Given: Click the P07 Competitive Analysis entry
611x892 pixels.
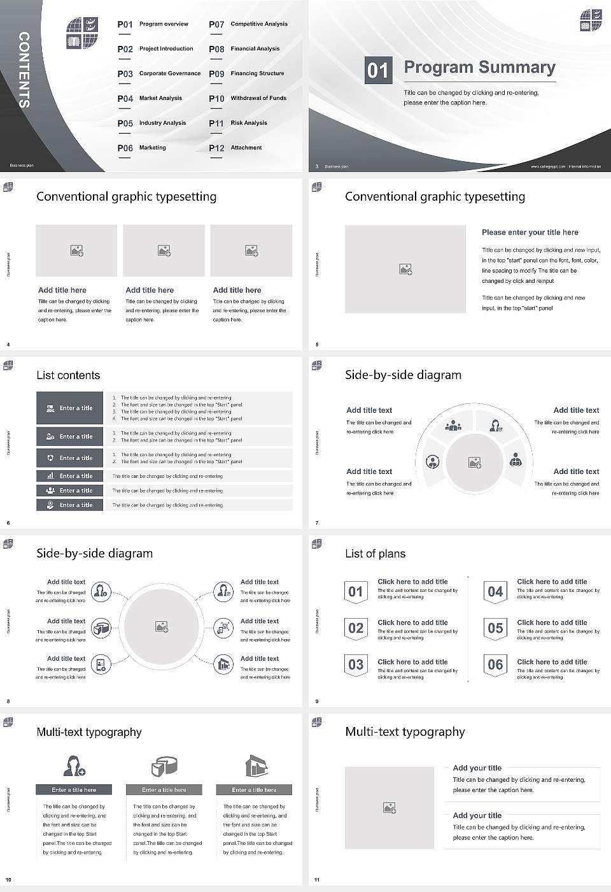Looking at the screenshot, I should click(x=248, y=24).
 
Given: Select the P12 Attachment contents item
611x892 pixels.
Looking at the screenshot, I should click(x=235, y=148).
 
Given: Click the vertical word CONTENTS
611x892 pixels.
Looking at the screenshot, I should click(x=24, y=69).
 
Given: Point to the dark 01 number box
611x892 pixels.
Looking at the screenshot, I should click(x=377, y=70).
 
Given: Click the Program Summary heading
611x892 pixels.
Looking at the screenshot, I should click(x=480, y=68).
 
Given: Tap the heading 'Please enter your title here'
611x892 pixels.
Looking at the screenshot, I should click(x=530, y=233).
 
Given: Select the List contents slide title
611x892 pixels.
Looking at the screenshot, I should click(x=68, y=375).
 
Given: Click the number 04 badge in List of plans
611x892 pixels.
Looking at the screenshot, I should click(x=495, y=592).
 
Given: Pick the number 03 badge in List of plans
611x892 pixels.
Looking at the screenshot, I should click(x=356, y=665).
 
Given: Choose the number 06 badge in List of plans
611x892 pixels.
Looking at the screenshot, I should click(x=495, y=665).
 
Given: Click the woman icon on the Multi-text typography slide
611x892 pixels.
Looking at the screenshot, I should click(x=74, y=765).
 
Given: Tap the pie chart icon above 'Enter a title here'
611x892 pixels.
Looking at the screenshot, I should click(x=164, y=766).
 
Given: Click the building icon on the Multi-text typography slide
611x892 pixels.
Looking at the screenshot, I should click(x=256, y=766).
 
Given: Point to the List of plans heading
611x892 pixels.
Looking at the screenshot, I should click(x=375, y=554).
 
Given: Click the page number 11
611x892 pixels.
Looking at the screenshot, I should click(x=317, y=880).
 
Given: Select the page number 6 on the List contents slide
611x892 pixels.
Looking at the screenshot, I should click(x=8, y=523).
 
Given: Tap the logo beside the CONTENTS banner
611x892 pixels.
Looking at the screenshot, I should click(x=82, y=33).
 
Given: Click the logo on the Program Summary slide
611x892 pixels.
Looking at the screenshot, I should click(x=591, y=20).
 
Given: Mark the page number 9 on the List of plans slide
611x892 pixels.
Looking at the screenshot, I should click(x=317, y=701).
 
